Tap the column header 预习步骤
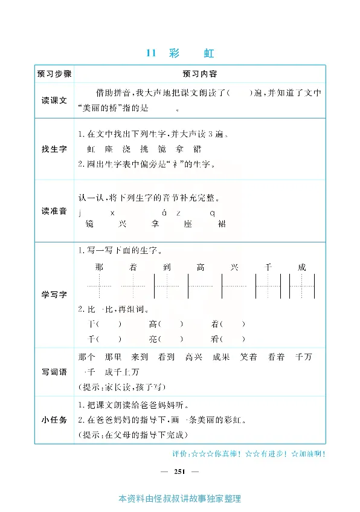coord(54,74)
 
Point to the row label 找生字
coord(54,149)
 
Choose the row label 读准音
coord(54,211)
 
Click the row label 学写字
coord(54,294)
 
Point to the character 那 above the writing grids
coord(99,267)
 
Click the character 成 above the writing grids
coord(302,267)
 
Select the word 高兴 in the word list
coord(193,357)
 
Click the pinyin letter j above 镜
coord(80,213)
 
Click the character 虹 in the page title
coord(208,53)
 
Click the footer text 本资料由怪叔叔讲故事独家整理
coord(180,499)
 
